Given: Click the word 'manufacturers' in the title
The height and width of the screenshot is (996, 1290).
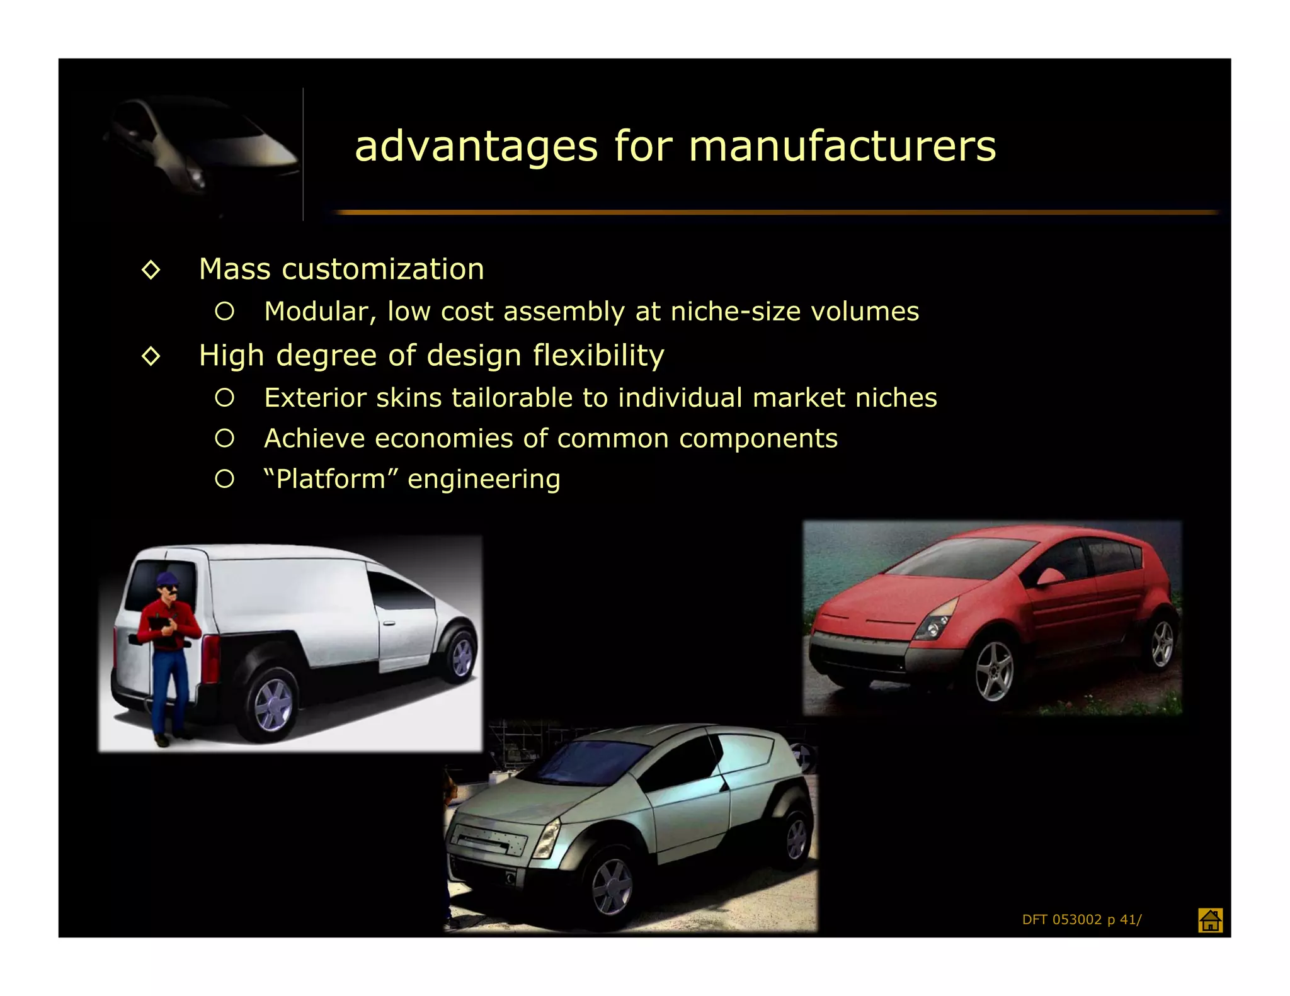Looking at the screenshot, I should tap(842, 147).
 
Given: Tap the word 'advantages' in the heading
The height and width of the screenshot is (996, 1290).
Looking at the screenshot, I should tap(476, 147).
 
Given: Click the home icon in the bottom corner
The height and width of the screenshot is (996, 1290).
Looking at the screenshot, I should tap(1210, 920).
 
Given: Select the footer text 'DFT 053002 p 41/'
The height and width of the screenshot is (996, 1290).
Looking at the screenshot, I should tap(1082, 920).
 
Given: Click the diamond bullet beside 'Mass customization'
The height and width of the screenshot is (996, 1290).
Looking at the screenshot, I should tap(151, 270).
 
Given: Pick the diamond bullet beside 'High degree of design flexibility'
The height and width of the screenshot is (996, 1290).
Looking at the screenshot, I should tap(151, 356).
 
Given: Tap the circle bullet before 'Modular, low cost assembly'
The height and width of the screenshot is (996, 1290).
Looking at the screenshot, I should tap(224, 311).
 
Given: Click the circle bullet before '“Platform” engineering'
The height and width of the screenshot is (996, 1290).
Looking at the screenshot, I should tap(224, 479).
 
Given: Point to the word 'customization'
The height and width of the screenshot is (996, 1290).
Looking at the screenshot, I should tap(383, 269).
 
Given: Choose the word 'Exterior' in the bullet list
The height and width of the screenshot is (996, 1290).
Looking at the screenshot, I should tap(315, 398).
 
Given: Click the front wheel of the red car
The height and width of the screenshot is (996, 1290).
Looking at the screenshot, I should tap(994, 671).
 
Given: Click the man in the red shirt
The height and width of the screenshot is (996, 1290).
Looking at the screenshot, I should tap(168, 655).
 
